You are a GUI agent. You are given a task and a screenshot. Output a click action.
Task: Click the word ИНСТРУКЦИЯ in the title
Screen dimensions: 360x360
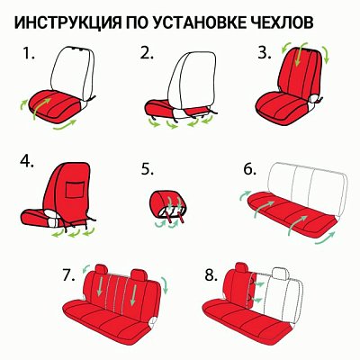[x=71, y=21]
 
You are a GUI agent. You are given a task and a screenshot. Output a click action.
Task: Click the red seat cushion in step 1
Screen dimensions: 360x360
[x=54, y=106]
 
